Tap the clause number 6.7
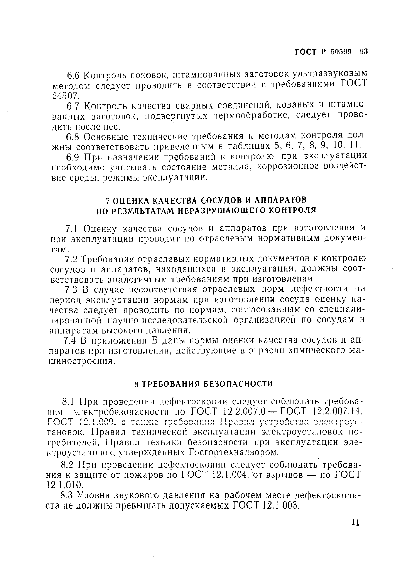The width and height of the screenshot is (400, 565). click(73, 106)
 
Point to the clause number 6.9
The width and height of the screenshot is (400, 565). click(73, 157)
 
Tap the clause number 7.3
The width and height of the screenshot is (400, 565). click(71, 289)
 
